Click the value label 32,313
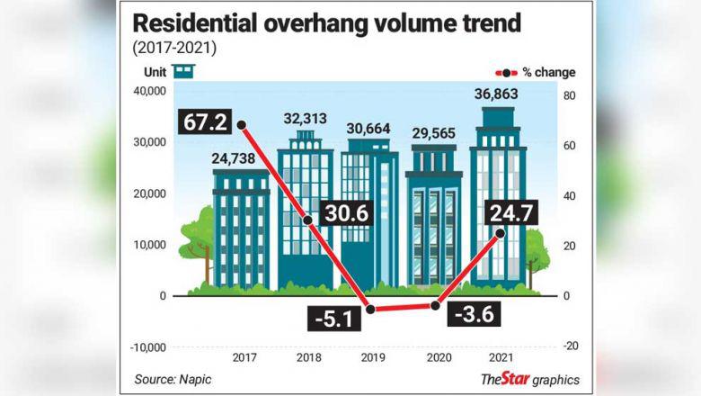pos(305,119)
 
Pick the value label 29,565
pos(433,133)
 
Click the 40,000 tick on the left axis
pos(148,91)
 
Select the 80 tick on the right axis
pos(569,95)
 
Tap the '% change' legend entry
pos(535,72)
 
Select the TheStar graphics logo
pos(529,379)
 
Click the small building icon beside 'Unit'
pos(184,71)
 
